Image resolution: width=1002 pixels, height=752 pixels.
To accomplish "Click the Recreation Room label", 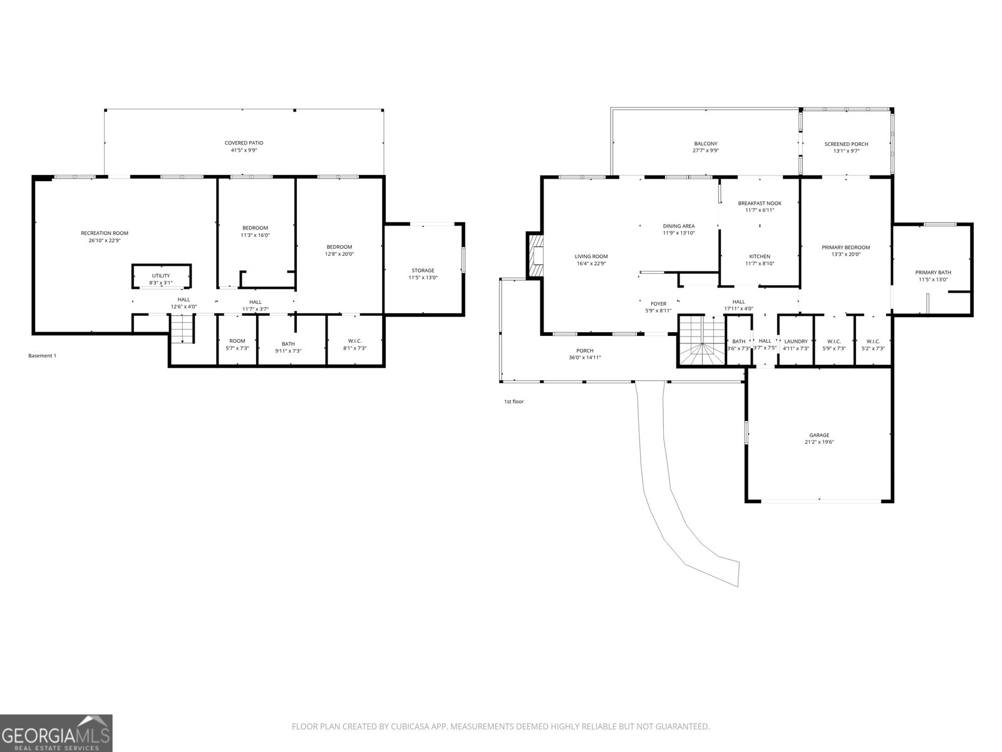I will [x=105, y=233].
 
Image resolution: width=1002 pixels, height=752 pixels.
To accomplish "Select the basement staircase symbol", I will [x=182, y=330].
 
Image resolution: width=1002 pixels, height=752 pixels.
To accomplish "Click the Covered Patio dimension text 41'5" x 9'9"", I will [x=244, y=150].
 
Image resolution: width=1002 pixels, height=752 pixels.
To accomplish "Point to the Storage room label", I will [x=423, y=271].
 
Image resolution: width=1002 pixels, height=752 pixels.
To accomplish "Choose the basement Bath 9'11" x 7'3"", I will [x=288, y=347].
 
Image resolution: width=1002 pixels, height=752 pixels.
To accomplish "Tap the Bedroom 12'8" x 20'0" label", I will [x=339, y=247].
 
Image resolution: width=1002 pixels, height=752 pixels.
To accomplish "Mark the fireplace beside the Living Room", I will [x=535, y=255].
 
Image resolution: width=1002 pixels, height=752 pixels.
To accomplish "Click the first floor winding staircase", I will [x=701, y=342].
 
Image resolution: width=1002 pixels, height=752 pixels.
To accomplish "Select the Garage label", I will [x=819, y=435].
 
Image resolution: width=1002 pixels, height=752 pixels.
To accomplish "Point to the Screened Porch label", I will [x=846, y=144].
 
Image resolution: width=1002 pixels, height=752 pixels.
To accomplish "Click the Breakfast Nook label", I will [x=760, y=203].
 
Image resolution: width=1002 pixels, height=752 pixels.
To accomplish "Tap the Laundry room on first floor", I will [x=796, y=345].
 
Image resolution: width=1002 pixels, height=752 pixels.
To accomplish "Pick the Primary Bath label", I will [x=933, y=273].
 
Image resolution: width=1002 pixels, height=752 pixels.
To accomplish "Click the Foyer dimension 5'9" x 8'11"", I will [x=658, y=311].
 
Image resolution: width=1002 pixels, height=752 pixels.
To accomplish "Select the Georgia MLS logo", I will [x=56, y=733].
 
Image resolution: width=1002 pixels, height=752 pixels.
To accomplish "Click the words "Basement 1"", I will [x=42, y=356].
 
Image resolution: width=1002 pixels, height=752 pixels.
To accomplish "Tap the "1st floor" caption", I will [x=514, y=402].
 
